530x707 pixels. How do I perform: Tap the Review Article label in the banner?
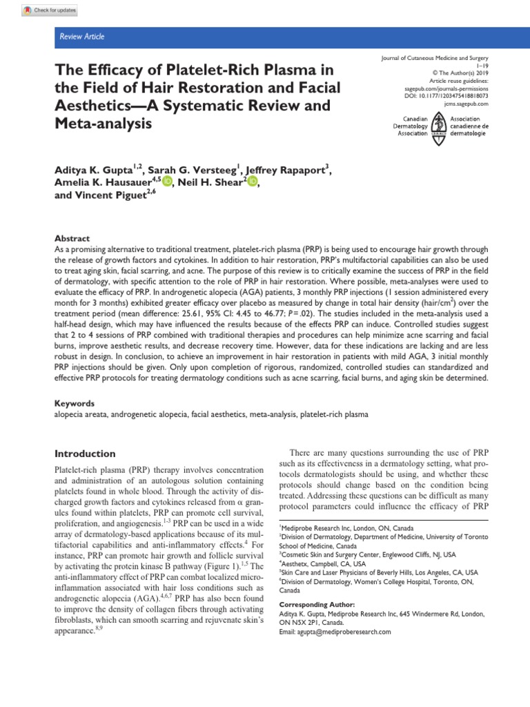click(x=81, y=37)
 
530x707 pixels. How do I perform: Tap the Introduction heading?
click(x=85, y=454)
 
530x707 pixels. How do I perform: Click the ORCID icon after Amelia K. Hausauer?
click(x=168, y=182)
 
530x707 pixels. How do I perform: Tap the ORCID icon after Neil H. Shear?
click(x=251, y=182)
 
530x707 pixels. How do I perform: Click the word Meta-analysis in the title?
click(x=100, y=125)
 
